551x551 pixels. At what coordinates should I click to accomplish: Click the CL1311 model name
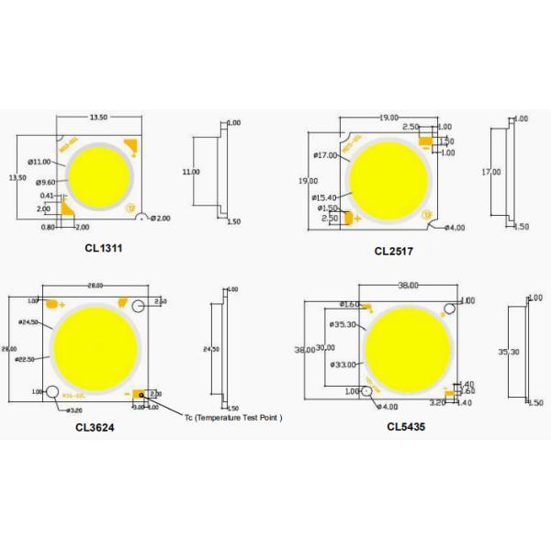103,247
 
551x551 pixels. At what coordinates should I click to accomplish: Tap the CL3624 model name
95,426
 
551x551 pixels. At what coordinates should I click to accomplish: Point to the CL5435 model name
405,426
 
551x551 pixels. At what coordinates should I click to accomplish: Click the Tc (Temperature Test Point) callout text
232,417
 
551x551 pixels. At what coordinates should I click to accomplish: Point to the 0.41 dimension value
46,196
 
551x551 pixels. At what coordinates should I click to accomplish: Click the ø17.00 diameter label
326,154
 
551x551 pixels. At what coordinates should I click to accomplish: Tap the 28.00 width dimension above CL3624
95,286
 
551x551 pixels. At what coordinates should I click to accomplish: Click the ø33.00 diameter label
343,365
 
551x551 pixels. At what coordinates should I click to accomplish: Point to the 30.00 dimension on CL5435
325,347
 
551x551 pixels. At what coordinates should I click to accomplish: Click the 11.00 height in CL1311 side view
190,172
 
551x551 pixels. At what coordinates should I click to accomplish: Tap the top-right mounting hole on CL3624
140,306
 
